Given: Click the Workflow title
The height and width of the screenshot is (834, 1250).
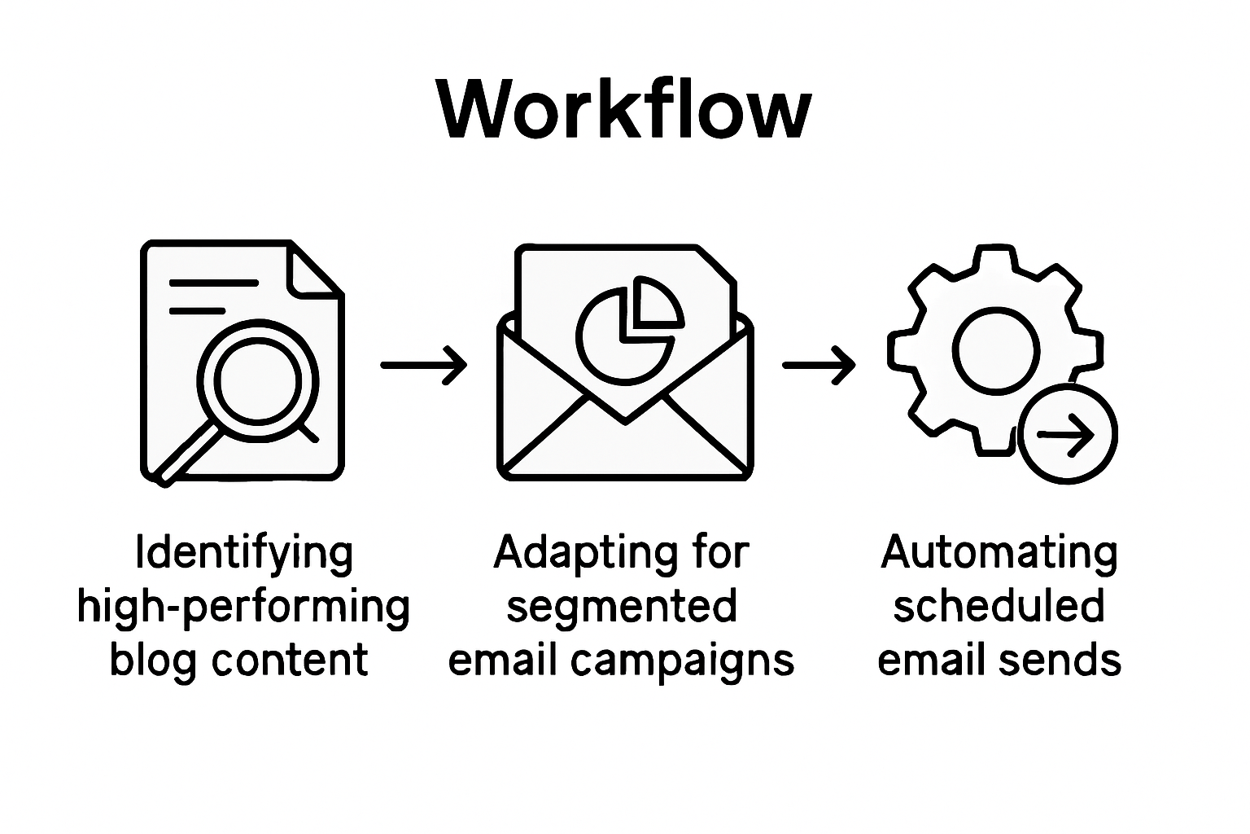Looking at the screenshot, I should (624, 111).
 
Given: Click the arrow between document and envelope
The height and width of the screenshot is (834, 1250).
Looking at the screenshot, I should (424, 364).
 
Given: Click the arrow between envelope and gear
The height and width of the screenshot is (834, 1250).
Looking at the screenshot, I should (819, 364).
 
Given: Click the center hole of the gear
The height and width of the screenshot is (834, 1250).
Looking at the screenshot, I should (996, 350).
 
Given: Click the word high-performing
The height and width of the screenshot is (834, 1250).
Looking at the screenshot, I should (243, 608).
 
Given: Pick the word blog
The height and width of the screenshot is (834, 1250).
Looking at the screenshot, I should (155, 660).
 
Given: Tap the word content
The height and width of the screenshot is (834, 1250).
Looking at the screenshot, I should (290, 660).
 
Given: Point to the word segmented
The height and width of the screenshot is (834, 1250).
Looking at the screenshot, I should (622, 608).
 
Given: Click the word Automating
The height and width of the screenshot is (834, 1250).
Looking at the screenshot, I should (999, 553).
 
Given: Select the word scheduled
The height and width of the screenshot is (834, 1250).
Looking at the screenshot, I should (999, 608).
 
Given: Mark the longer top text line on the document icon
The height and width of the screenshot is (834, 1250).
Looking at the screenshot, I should (214, 283).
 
